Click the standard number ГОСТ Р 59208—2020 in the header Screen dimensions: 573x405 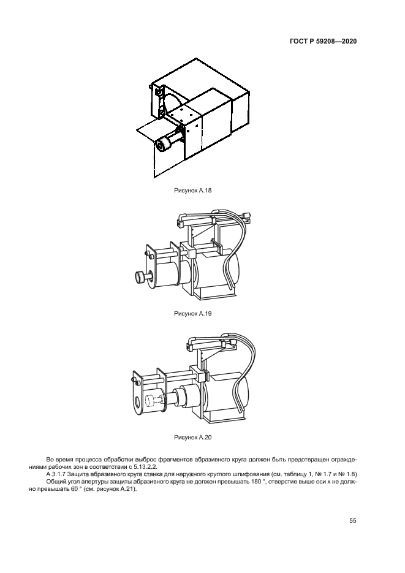pos(323,42)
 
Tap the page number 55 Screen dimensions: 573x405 pos(353,521)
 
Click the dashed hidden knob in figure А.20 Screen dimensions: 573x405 pos(150,404)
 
